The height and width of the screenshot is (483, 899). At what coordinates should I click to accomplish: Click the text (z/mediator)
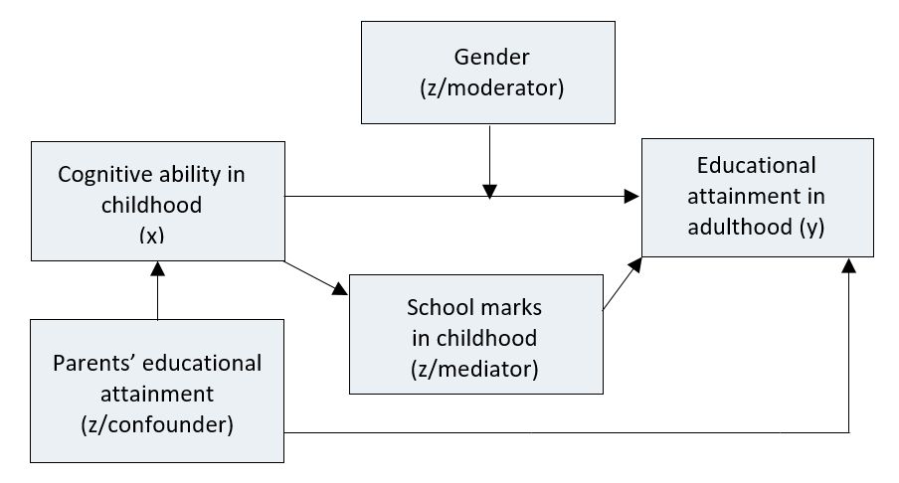[474, 370]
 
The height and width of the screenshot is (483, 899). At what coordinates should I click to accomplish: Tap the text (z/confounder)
[157, 425]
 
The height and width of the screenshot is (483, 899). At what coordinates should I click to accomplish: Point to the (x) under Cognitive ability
[150, 236]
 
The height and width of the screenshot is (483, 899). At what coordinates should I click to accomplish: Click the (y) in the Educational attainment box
[809, 227]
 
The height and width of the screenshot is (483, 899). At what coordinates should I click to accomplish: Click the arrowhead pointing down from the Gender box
[488, 189]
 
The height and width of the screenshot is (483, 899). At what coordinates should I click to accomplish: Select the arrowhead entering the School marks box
[340, 289]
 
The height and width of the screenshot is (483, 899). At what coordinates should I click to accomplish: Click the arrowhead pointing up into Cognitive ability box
[157, 267]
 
